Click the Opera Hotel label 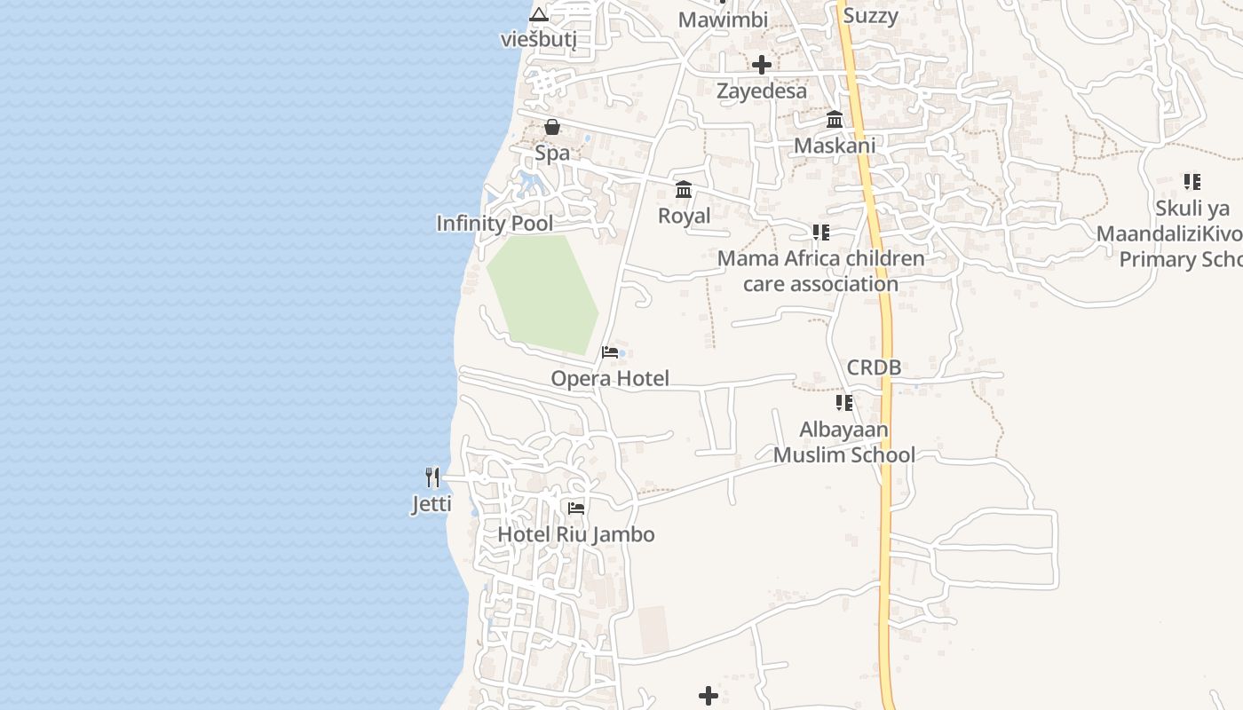(610, 379)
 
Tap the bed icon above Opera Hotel (610, 352)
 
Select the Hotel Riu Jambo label (576, 534)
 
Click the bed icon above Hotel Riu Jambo (576, 509)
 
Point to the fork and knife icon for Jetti (432, 477)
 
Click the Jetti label (431, 504)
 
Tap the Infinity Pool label (495, 224)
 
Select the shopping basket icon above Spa (552, 127)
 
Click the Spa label (552, 153)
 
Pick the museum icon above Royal (684, 189)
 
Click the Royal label (684, 216)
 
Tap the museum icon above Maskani (835, 119)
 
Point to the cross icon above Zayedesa (762, 64)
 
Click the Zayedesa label (762, 91)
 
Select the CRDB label (874, 367)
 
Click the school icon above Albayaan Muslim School (843, 403)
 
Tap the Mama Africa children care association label (821, 272)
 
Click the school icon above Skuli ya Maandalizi (1192, 182)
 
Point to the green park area (543, 293)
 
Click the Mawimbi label (723, 20)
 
